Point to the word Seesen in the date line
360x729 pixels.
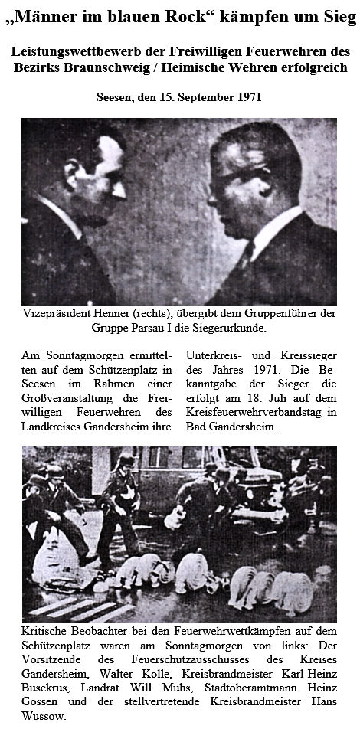117,97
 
